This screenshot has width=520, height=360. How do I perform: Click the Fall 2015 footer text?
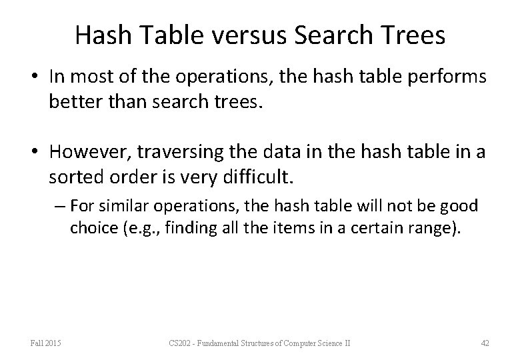(x=46, y=343)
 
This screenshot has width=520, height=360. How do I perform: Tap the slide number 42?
(x=485, y=343)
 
